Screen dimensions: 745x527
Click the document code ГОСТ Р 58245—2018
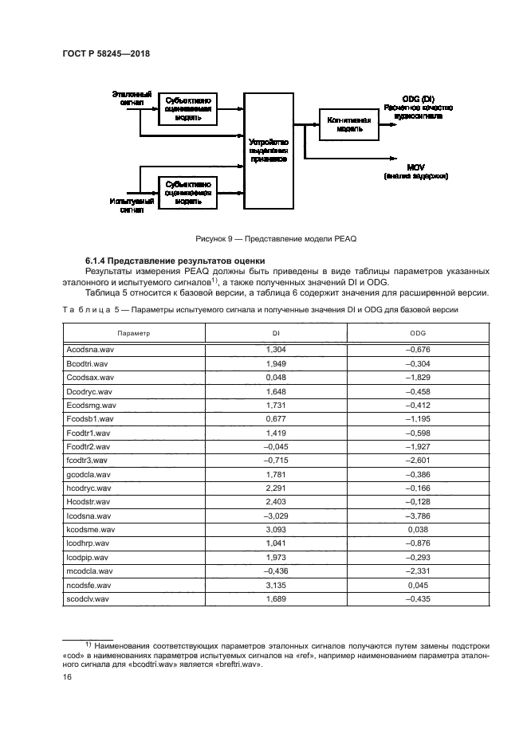point(106,53)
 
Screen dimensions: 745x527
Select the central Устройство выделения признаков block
point(267,151)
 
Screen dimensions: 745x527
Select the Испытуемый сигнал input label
point(126,206)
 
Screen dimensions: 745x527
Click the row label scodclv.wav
point(89,598)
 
